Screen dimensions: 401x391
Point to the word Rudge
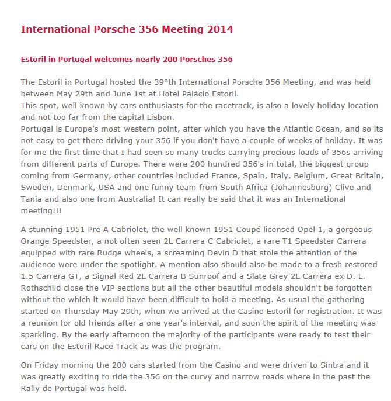pyautogui.click(x=110, y=253)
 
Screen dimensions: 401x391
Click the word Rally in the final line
pyautogui.click(x=30, y=388)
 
